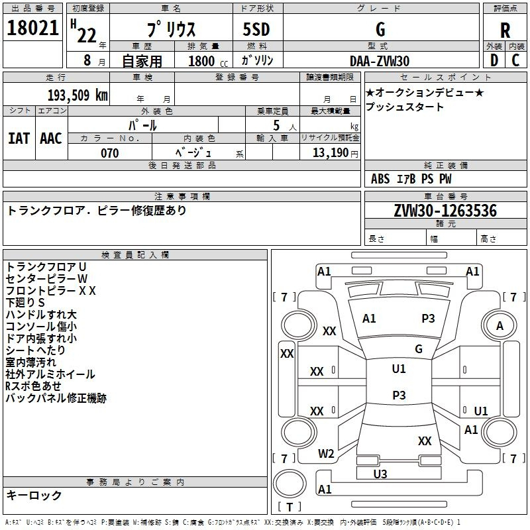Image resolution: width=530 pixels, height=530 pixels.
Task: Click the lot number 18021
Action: click(32, 28)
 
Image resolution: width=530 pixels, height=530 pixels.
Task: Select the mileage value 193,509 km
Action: click(78, 95)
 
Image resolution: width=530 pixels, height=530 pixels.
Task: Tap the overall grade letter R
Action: click(505, 30)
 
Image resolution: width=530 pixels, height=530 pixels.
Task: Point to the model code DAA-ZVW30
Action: click(380, 61)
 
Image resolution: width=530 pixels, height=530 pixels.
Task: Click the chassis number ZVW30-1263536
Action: click(445, 211)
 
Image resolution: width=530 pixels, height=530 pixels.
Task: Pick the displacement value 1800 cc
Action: click(208, 61)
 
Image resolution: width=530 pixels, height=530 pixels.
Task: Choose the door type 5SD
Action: click(256, 29)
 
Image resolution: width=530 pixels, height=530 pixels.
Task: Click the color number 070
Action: click(110, 153)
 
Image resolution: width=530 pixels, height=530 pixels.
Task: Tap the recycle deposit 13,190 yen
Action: click(335, 153)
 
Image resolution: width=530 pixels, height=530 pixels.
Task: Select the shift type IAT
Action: click(19, 138)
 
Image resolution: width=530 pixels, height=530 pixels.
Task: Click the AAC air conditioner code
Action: click(51, 138)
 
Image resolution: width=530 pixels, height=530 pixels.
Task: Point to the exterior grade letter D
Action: click(494, 60)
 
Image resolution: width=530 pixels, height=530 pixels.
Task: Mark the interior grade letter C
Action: click(515, 60)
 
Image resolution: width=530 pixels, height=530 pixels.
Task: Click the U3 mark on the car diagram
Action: click(380, 474)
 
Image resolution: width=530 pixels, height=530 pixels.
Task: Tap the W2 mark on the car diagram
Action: click(326, 454)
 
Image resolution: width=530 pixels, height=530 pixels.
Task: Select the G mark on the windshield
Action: click(419, 348)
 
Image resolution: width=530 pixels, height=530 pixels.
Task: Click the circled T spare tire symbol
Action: click(290, 484)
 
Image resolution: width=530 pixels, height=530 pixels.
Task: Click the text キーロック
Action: click(34, 495)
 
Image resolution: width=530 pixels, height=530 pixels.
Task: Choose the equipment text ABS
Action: click(380, 179)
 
